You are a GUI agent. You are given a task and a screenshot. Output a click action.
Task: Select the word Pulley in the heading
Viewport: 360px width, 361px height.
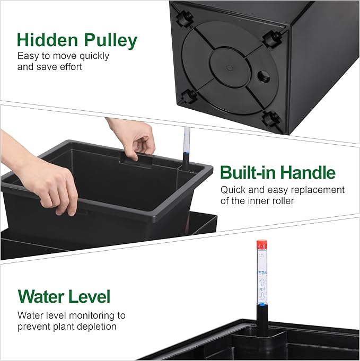click(110, 41)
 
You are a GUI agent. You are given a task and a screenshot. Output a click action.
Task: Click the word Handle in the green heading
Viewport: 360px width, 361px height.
click(308, 172)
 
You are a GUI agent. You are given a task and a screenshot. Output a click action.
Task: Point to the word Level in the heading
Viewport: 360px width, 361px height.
click(90, 296)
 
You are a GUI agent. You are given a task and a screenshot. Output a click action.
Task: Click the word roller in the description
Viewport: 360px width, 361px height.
click(284, 200)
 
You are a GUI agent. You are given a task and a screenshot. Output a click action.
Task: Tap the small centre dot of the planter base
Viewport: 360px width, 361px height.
click(229, 68)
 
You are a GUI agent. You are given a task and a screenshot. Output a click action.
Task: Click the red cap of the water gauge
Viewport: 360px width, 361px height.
click(261, 245)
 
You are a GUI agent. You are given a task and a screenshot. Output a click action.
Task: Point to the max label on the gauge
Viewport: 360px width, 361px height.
click(262, 272)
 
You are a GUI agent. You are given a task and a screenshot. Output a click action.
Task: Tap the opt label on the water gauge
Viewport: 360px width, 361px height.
click(262, 289)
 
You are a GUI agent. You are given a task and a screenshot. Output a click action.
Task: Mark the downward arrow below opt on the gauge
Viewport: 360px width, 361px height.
click(262, 296)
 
